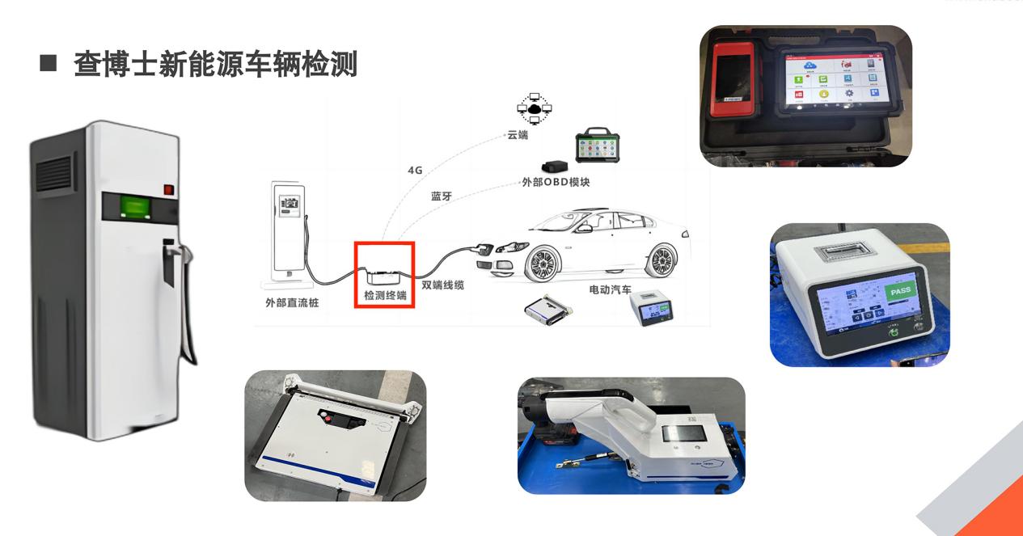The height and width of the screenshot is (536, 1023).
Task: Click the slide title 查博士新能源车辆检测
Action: tap(215, 64)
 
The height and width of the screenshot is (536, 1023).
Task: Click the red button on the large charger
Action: tap(169, 190)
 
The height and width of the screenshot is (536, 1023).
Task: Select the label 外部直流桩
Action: tap(293, 302)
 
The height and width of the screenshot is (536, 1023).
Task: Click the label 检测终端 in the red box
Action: tap(385, 296)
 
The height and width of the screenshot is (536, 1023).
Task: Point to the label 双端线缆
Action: tap(443, 285)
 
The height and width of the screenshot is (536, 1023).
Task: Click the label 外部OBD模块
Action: tap(556, 182)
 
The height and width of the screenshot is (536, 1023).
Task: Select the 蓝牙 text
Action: tap(441, 196)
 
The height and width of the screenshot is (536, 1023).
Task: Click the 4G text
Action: tap(415, 171)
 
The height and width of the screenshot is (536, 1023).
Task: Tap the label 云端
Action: tap(518, 135)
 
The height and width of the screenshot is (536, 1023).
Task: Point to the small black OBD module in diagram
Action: tap(556, 166)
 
